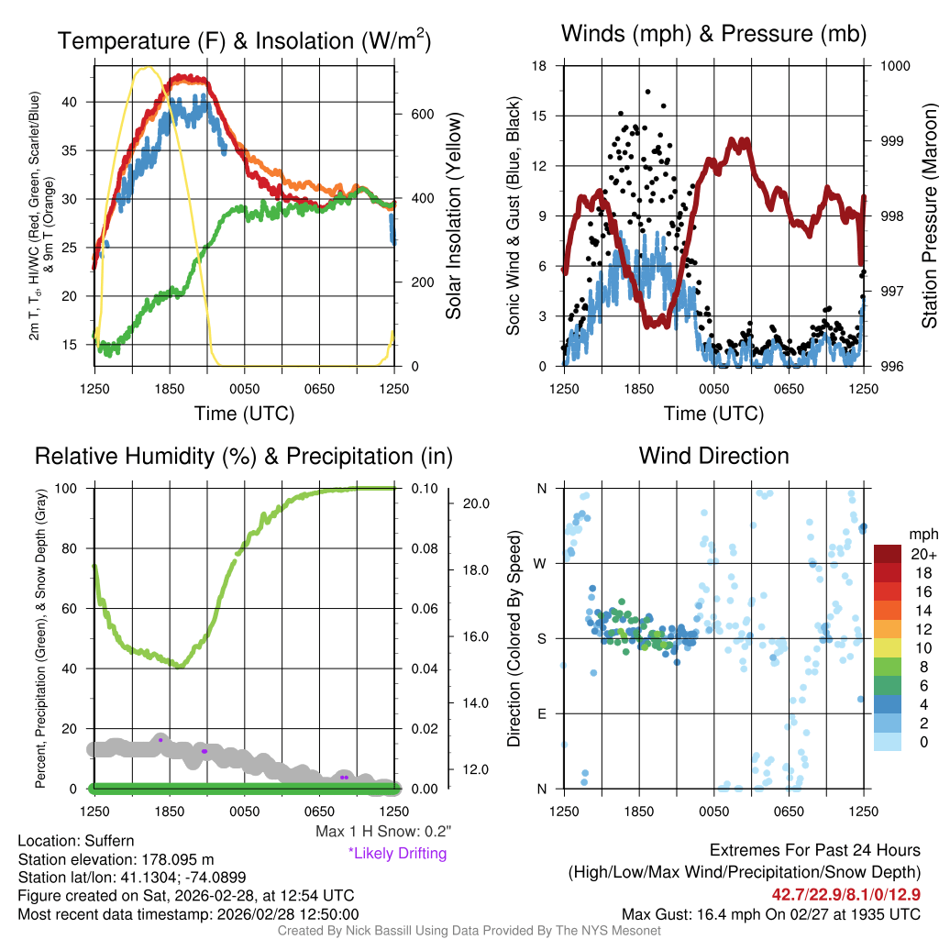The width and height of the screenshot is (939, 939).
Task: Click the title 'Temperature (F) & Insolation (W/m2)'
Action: (x=244, y=40)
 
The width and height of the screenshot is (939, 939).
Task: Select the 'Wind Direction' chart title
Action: (x=713, y=456)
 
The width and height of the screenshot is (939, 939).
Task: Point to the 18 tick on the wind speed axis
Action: (x=540, y=66)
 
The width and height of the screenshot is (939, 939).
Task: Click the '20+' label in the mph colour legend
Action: (x=922, y=554)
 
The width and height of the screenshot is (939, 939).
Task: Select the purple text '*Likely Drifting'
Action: (x=397, y=854)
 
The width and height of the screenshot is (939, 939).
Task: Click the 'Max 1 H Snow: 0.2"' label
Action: (x=382, y=832)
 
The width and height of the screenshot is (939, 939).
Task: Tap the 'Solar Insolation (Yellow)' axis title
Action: (x=453, y=216)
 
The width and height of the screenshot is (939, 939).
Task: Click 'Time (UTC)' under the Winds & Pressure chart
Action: (x=713, y=414)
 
